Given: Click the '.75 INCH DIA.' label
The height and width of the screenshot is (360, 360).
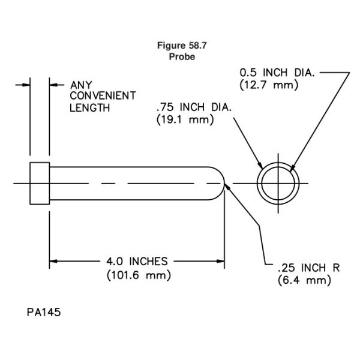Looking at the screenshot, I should [x=195, y=107].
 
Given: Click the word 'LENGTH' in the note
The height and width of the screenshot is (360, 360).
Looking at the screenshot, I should [x=90, y=108].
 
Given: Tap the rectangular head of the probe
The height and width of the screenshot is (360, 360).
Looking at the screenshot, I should [x=39, y=182].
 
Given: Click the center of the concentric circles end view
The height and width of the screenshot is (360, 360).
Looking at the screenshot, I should [x=277, y=182].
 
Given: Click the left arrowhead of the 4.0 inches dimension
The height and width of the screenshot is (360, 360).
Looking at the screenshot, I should [x=54, y=262].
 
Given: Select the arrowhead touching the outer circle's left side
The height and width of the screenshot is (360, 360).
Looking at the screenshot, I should [x=259, y=167].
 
